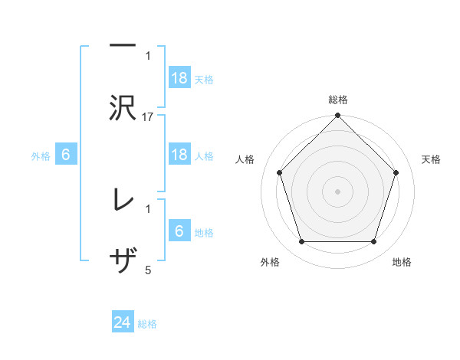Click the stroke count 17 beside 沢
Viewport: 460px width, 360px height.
coord(148,116)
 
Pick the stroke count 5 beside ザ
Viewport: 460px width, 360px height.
coord(148,270)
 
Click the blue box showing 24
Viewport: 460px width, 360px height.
coord(123,323)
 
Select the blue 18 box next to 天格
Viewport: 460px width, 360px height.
coord(179,78)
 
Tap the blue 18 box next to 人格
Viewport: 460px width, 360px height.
coord(179,155)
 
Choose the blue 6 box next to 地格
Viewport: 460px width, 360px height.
coord(179,231)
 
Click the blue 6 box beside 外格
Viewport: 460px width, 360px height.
coord(66,155)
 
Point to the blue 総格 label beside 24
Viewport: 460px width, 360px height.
coord(147,324)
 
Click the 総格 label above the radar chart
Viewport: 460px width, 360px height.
coord(337,100)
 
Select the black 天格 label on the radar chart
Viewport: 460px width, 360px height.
coord(431,159)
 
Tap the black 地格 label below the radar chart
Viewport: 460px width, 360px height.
coord(402,262)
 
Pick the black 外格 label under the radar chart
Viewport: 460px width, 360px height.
coord(270,262)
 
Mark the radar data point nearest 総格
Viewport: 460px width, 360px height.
coord(337,116)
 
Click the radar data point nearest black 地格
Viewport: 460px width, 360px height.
coord(373,242)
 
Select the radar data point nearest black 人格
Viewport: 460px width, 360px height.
coord(279,172)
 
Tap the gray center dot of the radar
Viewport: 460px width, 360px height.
coord(337,191)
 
